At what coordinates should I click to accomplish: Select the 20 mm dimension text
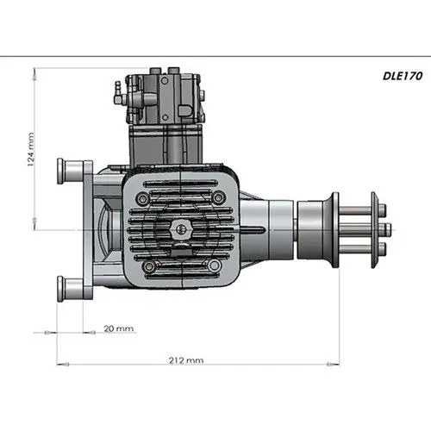point(119,328)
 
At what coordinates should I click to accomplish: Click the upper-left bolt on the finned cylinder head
point(147,197)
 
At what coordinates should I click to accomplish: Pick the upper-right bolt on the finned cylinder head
point(216,197)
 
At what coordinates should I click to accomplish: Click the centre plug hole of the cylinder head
point(181,228)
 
